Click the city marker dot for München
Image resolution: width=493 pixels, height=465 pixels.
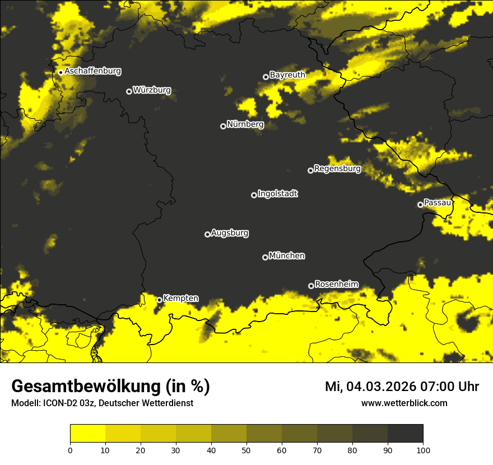[x=265, y=258]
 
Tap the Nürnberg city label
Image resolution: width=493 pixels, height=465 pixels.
[x=245, y=124]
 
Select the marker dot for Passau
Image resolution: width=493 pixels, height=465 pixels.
[x=420, y=204]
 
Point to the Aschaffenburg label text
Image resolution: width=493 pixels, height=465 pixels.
[x=92, y=71]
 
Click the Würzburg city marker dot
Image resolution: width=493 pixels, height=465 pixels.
[x=129, y=91]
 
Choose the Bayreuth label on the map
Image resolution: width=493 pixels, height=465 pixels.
[x=287, y=75]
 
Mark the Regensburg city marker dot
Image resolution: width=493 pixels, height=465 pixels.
[x=310, y=170]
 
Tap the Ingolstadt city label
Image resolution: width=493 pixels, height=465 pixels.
[x=278, y=194]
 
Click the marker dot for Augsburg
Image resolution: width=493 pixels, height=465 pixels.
[x=207, y=234]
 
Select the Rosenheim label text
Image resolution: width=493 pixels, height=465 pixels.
[x=337, y=284]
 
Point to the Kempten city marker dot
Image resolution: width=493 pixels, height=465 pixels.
[x=159, y=300]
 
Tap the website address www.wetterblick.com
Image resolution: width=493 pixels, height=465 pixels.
[x=404, y=403]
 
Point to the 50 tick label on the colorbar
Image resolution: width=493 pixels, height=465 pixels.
[x=246, y=450]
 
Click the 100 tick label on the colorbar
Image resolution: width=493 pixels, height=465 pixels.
[x=423, y=450]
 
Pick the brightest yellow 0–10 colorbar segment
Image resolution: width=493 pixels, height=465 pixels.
[x=87, y=434]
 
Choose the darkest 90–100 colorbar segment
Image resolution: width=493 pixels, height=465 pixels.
[x=405, y=434]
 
